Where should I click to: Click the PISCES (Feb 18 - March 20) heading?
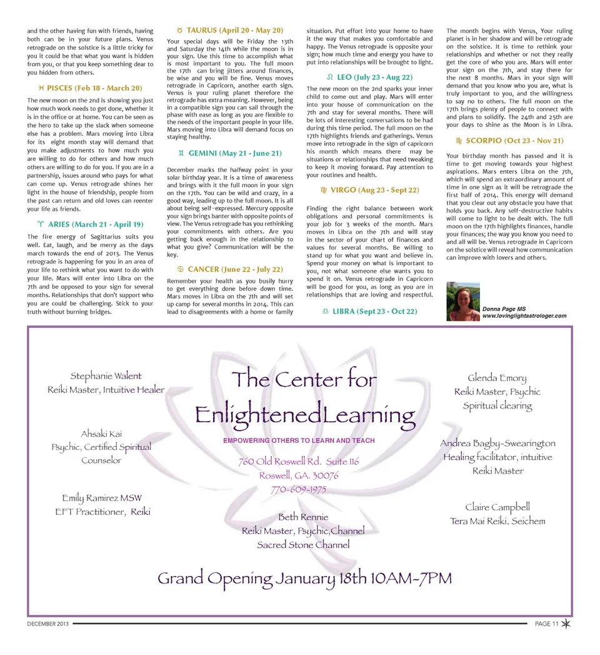click(91, 88)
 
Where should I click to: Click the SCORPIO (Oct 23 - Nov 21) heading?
click(510, 141)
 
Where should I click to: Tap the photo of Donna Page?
click(463, 302)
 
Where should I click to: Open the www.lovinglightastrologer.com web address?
click(524, 316)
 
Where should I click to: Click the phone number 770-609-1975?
click(299, 489)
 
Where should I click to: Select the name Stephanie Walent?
click(106, 376)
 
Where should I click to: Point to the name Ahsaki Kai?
click(101, 434)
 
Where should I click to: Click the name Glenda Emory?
click(497, 378)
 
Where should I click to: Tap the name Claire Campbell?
click(497, 507)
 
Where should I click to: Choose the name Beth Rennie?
click(303, 517)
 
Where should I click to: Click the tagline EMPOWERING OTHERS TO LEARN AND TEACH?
click(299, 440)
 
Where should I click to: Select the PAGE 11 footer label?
click(546, 624)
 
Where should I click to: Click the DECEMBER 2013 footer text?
click(49, 624)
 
